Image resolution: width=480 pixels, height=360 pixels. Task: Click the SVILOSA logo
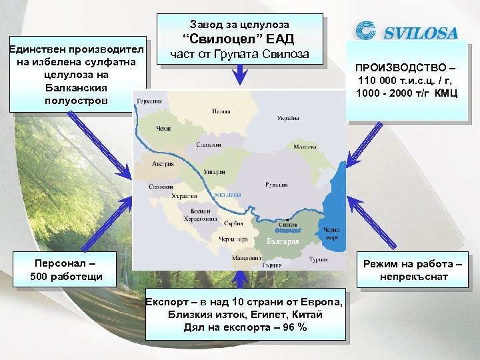(x=407, y=31)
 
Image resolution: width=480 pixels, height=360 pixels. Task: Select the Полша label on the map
(x=221, y=111)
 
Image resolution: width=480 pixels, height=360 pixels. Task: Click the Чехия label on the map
(x=164, y=127)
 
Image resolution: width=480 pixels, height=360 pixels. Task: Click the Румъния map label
(x=276, y=184)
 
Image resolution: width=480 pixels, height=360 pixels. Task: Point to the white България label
(x=283, y=241)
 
